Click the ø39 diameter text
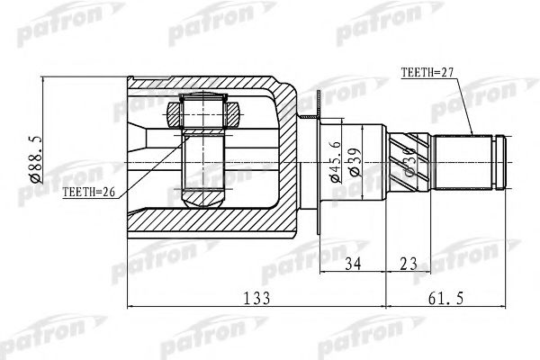(x=355, y=160)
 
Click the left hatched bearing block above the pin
(x=175, y=113)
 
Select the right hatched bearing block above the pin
(x=234, y=113)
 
